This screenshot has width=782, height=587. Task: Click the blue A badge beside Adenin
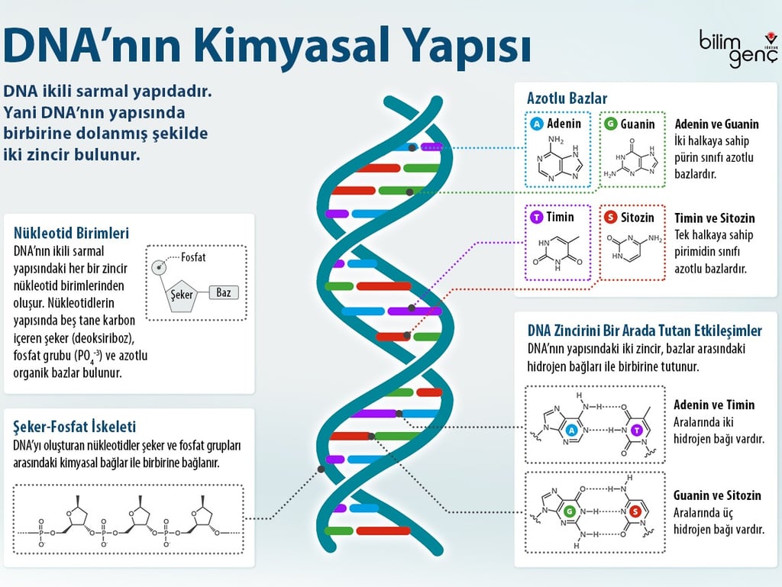(537, 124)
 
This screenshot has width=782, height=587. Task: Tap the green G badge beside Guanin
(610, 124)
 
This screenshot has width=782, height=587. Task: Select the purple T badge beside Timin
(537, 218)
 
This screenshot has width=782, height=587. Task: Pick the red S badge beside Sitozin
(610, 218)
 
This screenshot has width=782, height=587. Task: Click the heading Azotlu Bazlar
(567, 98)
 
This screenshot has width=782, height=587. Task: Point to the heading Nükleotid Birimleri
(71, 233)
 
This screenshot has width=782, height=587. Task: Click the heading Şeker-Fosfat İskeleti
(75, 427)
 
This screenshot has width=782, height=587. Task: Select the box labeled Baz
(223, 292)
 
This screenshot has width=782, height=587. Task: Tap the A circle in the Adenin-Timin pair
(570, 431)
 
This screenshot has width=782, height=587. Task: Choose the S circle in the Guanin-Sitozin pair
(633, 511)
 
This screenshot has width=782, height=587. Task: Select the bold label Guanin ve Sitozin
(716, 495)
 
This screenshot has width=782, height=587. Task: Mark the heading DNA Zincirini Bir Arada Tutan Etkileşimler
(645, 331)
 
